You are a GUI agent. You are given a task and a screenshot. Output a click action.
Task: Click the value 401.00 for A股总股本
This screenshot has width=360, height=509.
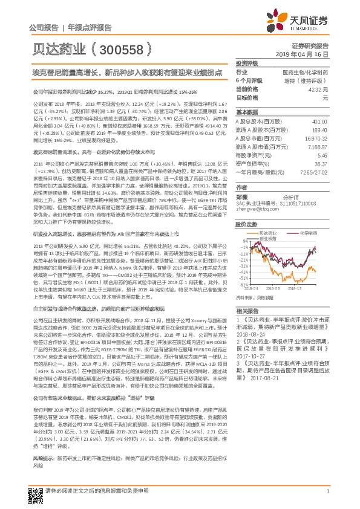pyautogui.click(x=320, y=122)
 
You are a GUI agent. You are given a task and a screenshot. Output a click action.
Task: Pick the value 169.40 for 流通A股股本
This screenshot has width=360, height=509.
pyautogui.click(x=320, y=129)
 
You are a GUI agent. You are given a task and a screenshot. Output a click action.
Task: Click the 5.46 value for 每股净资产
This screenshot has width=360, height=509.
pyautogui.click(x=322, y=155)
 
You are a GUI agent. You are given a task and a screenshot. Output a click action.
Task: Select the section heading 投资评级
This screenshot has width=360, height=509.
pyautogui.click(x=247, y=63)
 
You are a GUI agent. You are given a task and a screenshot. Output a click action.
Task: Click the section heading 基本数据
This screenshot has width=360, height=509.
pyautogui.click(x=247, y=113)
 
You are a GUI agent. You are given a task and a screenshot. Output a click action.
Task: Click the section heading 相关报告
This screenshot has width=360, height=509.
pyautogui.click(x=247, y=310)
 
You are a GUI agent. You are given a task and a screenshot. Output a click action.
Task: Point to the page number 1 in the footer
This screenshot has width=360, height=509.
pyautogui.click(x=327, y=493)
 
